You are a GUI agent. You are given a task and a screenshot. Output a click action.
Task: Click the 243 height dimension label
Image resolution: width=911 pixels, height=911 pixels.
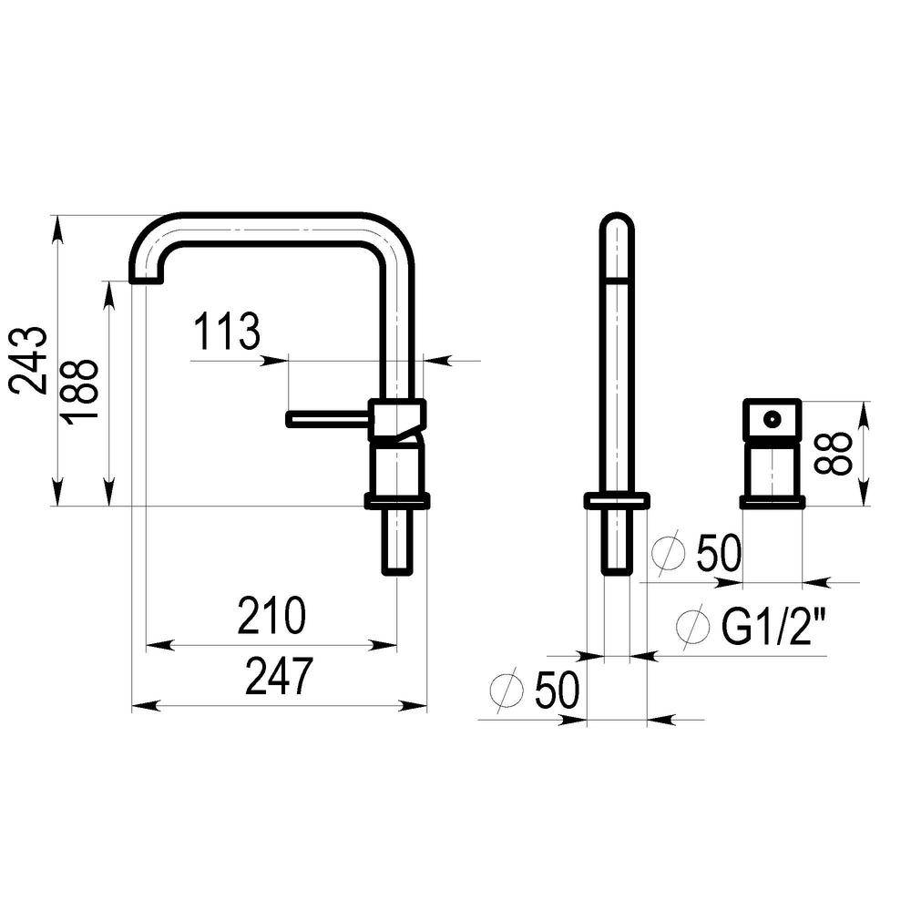[27, 361]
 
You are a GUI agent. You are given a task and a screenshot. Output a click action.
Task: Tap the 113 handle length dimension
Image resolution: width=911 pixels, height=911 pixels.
[227, 332]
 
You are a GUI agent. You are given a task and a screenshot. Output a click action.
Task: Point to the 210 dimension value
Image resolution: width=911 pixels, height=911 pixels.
[271, 615]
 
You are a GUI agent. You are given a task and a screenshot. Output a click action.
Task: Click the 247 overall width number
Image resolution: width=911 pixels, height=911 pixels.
[280, 676]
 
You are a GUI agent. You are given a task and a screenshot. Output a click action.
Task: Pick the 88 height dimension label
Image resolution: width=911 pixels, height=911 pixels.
[834, 454]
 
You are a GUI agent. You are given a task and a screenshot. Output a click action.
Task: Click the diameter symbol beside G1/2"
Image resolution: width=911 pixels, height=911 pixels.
[693, 626]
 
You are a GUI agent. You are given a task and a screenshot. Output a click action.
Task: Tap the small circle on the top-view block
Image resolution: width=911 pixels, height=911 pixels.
[773, 418]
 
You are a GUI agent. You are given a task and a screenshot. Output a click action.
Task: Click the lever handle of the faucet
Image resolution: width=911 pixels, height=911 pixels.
[328, 419]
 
